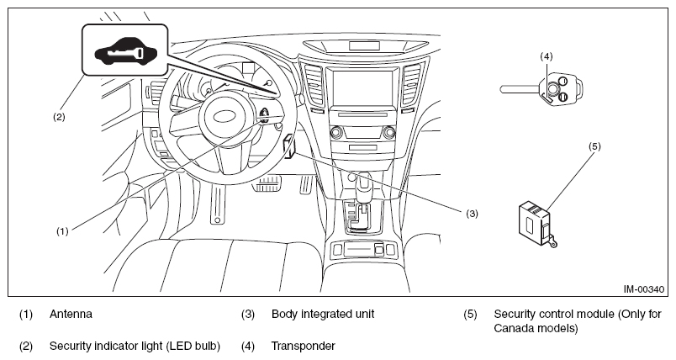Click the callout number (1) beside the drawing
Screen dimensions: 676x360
click(x=62, y=231)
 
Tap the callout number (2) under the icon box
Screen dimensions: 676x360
click(x=59, y=117)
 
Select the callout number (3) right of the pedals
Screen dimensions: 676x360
click(x=472, y=214)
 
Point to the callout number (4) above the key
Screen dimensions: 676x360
click(x=547, y=56)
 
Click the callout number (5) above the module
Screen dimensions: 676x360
click(x=594, y=146)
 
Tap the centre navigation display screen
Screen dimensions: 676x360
click(x=363, y=87)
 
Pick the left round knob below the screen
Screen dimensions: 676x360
click(x=336, y=132)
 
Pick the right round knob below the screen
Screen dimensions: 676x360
click(x=389, y=132)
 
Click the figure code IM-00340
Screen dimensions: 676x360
click(x=644, y=289)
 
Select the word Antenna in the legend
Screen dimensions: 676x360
click(x=71, y=314)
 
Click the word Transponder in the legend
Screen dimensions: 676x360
click(x=303, y=346)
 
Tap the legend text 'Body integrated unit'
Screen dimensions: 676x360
click(x=323, y=314)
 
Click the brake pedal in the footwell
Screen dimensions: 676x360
click(x=266, y=183)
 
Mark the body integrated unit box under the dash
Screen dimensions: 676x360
click(x=289, y=146)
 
